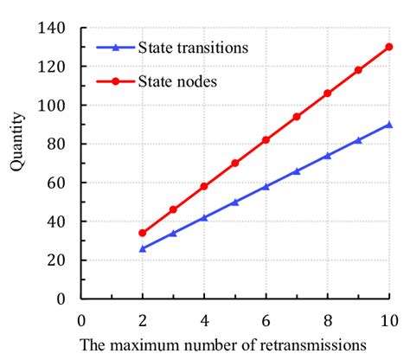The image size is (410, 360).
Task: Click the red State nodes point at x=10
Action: pos(389,47)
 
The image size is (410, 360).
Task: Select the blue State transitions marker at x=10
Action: pos(389,125)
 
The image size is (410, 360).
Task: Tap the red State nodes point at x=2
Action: pos(143,233)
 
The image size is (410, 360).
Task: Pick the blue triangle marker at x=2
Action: pos(143,248)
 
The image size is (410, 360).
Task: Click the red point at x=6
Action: pos(266,140)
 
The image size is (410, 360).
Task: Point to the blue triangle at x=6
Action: pos(266,186)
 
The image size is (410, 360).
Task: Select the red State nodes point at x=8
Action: pos(328,93)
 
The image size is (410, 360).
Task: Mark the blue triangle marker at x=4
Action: pos(204,217)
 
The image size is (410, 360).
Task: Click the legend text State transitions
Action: pos(193,48)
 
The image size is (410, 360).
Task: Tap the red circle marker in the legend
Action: pos(112,81)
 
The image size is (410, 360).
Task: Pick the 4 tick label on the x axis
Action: pos(204,318)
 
